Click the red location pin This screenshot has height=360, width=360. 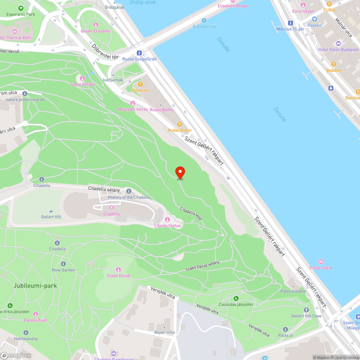point(180,172)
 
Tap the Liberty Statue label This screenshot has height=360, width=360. point(167,226)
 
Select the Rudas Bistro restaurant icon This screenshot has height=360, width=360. point(175,124)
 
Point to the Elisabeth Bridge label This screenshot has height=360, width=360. point(233,6)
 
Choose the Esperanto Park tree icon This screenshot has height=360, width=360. point(21,8)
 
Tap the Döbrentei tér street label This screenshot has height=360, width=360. point(105,53)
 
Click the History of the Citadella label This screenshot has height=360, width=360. point(129,197)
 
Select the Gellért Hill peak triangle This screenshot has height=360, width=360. point(51,211)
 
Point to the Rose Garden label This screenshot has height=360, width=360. point(63,270)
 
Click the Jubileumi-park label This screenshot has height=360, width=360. point(35,286)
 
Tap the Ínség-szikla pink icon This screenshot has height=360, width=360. point(320,262)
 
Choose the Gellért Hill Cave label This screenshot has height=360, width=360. point(306,316)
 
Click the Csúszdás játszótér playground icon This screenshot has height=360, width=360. point(236,298)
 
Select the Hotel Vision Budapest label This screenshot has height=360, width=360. point(338,50)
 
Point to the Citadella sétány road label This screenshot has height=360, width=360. point(104,188)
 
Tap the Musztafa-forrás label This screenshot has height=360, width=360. point(133,109)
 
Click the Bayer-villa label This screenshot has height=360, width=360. point(164,332)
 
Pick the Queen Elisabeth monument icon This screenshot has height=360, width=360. point(95,25)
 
